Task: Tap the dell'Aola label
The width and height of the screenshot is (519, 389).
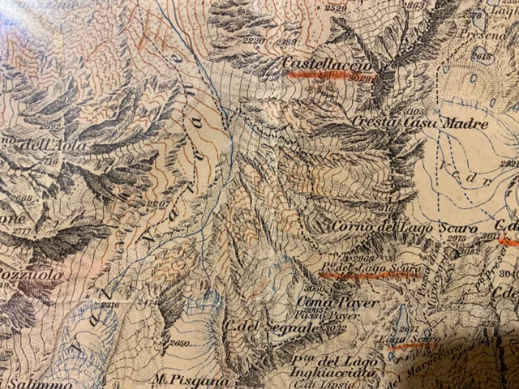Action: tap(54, 147)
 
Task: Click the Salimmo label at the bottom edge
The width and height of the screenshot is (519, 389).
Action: tap(24, 380)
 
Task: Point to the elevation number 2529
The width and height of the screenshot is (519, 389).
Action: tap(335, 9)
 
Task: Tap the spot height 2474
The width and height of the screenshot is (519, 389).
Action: tap(148, 301)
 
